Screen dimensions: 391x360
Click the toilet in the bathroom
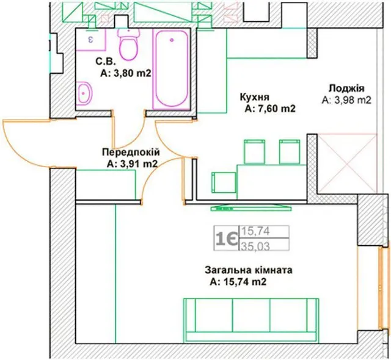coord(128,44)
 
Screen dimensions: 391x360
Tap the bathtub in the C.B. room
coord(171,70)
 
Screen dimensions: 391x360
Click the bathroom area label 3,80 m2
coord(126,73)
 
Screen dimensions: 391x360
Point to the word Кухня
coord(255,97)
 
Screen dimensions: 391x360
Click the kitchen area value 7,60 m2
coord(270,109)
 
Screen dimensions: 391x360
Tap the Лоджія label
coord(346,88)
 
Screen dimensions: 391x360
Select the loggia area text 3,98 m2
coord(347,100)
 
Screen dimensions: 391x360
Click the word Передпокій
coord(131,153)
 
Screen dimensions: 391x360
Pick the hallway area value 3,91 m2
coord(132,164)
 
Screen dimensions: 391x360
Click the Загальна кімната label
coord(249,270)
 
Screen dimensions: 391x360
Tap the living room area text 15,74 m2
coord(238,282)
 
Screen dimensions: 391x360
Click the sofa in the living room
coord(251,320)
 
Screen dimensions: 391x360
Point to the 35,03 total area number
coord(255,247)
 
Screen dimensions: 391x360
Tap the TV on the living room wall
coord(251,208)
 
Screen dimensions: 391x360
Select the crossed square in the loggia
coord(347,164)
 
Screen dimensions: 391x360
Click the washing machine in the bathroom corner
coord(91,40)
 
